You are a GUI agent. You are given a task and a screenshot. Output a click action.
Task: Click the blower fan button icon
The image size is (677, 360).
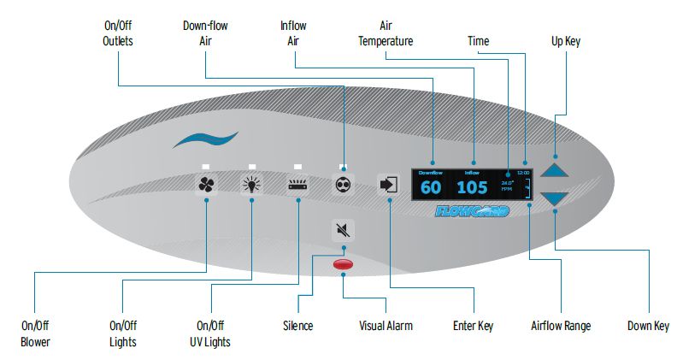click(x=208, y=184)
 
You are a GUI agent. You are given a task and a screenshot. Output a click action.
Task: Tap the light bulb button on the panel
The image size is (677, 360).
click(x=252, y=184)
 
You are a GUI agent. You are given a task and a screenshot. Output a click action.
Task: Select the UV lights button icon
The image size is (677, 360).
click(x=297, y=184)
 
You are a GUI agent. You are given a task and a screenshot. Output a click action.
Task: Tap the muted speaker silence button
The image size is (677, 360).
click(x=343, y=229)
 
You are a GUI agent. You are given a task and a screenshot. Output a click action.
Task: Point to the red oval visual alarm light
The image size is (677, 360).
click(x=343, y=265)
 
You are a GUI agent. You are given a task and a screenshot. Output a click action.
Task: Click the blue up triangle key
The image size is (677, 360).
click(x=555, y=168)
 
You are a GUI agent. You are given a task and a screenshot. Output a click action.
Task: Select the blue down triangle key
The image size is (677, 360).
click(x=555, y=199)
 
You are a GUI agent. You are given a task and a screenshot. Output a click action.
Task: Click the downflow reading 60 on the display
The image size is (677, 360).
click(x=431, y=188)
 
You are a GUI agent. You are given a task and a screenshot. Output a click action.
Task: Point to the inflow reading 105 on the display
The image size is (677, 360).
click(x=473, y=188)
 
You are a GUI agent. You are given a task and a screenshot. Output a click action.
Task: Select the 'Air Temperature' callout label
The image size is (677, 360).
click(x=386, y=33)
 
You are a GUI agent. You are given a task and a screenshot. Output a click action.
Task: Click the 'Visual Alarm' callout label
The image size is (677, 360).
click(x=385, y=326)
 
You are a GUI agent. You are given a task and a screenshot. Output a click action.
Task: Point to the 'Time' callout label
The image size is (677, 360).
click(x=479, y=40)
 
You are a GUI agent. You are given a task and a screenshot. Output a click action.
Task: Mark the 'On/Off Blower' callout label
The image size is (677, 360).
click(x=37, y=333)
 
